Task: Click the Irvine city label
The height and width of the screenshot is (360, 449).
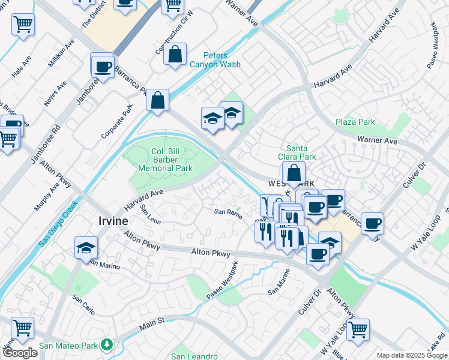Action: click(x=113, y=221)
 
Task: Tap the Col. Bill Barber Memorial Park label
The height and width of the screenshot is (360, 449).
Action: click(x=166, y=160)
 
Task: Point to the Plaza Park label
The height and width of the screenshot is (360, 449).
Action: click(x=355, y=122)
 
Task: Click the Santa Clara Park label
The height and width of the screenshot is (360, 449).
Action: click(x=301, y=152)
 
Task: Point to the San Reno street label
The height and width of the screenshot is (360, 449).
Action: click(x=228, y=211)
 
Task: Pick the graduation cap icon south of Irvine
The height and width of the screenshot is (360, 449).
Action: click(x=86, y=247)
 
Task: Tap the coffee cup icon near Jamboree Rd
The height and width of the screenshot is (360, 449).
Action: click(x=103, y=65)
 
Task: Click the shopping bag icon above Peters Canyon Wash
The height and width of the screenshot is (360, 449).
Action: click(x=175, y=55)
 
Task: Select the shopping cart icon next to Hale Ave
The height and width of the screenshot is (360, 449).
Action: click(x=23, y=25)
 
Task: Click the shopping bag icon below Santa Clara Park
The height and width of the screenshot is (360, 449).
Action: click(x=294, y=172)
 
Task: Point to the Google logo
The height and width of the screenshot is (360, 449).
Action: click(x=20, y=353)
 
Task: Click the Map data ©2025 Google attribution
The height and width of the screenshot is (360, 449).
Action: click(x=412, y=355)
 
